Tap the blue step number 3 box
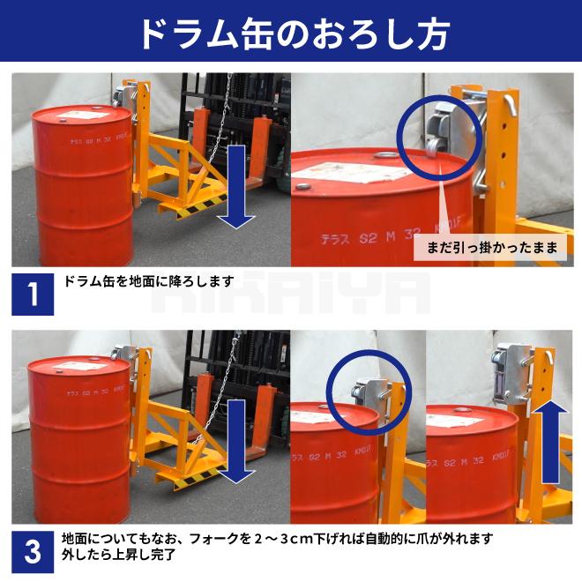(x=33, y=552)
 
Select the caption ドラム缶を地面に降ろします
(x=148, y=281)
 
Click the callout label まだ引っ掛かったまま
(x=491, y=248)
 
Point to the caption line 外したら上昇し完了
(x=119, y=556)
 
